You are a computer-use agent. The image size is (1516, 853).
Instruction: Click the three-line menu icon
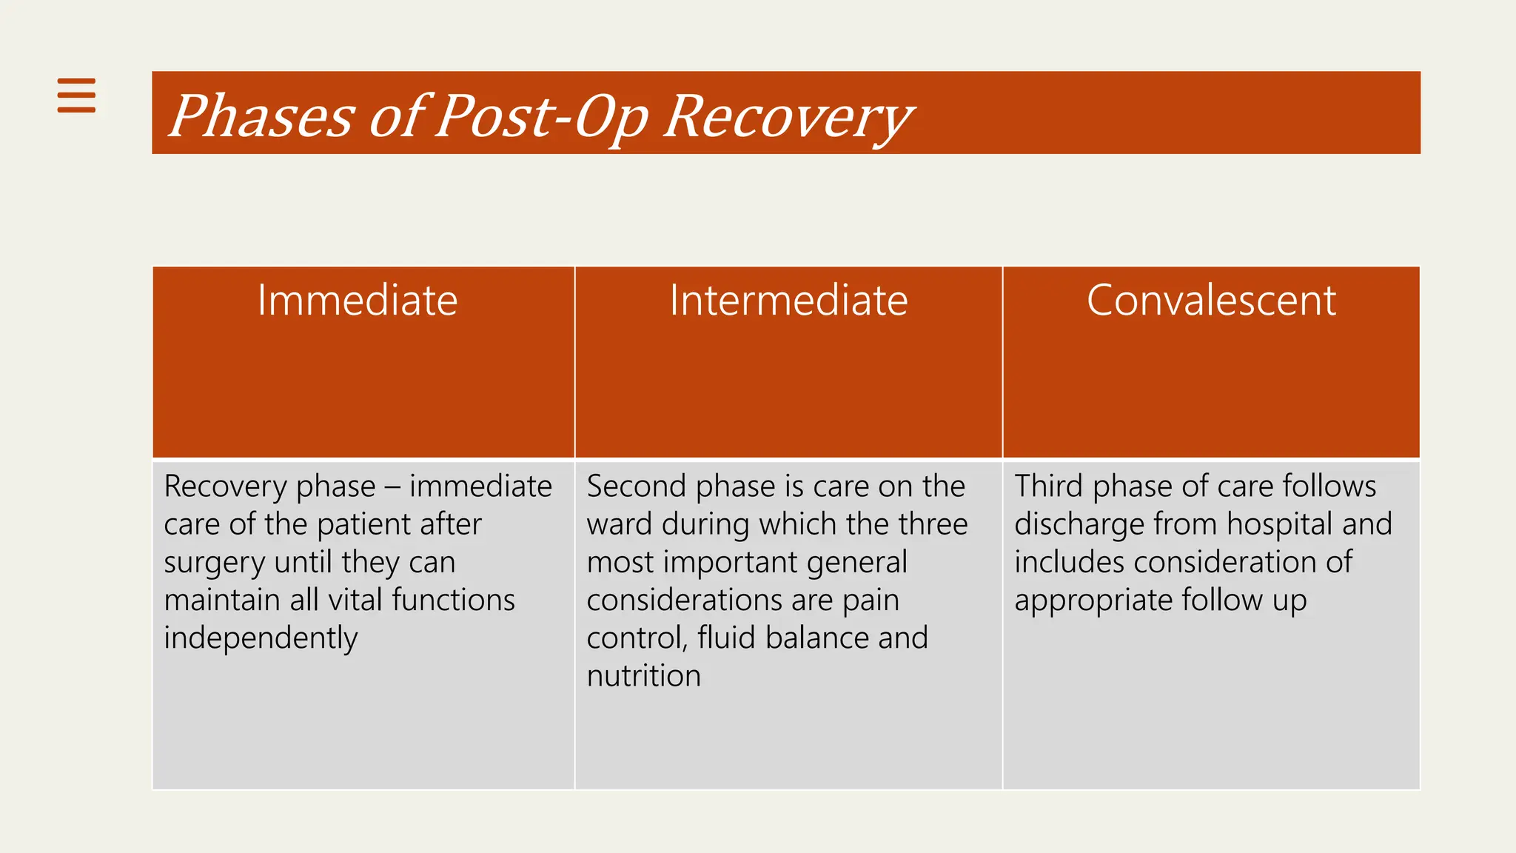(x=76, y=95)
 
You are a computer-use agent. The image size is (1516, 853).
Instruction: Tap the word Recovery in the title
(x=788, y=116)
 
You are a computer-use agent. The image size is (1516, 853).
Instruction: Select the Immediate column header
(x=358, y=301)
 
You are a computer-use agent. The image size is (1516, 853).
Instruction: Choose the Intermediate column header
(x=788, y=301)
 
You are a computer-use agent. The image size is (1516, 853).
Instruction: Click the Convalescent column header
(x=1211, y=301)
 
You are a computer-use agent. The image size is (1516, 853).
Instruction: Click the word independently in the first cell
(x=261, y=638)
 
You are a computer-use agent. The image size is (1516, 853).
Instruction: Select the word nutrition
(x=643, y=676)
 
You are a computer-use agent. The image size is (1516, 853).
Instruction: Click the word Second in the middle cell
(x=637, y=486)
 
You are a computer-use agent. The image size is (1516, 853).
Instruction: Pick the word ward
(x=619, y=524)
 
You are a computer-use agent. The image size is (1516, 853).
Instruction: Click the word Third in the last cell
(x=1048, y=486)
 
